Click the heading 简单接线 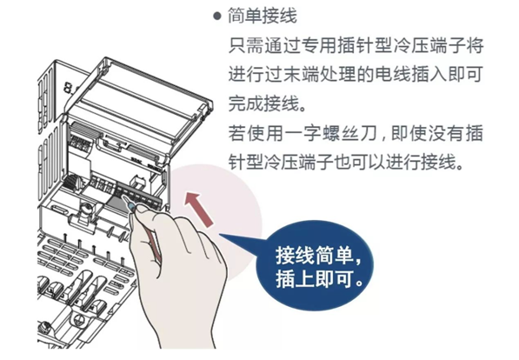262,16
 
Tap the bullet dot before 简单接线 216,16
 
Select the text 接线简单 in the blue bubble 314,256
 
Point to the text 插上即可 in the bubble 314,278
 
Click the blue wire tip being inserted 131,207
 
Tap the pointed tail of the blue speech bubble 220,236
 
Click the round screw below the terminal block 86,209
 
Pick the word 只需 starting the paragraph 246,45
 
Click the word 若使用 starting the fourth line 256,133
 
